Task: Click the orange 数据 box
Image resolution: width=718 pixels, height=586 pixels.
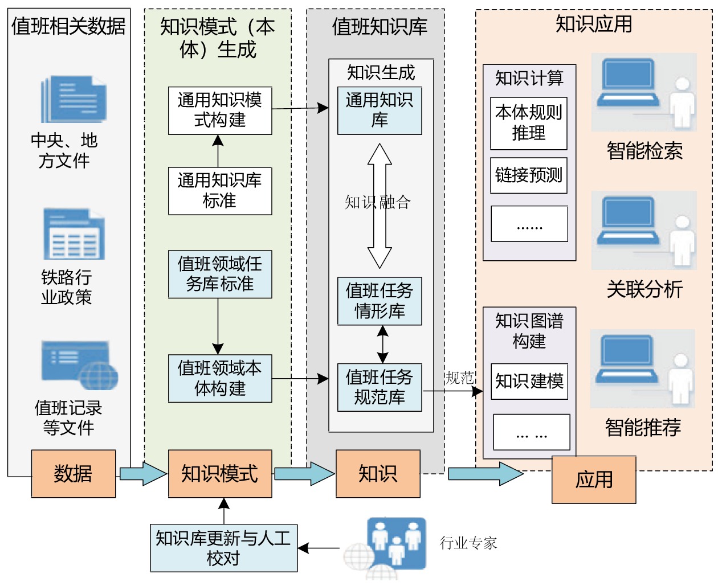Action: [74, 474]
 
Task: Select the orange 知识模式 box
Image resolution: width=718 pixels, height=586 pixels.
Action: [220, 474]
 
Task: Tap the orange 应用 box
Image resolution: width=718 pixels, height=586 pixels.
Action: [594, 480]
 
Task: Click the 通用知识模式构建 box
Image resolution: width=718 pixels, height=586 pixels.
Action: [220, 110]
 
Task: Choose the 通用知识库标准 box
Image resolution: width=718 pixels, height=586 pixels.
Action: [220, 191]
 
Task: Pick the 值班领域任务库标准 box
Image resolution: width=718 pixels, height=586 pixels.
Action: [220, 274]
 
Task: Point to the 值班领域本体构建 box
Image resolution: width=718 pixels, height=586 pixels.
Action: [220, 379]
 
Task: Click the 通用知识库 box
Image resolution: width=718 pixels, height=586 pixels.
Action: [380, 110]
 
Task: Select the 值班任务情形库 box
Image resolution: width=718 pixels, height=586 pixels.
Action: [380, 301]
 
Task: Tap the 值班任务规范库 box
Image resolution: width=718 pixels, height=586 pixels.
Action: [380, 387]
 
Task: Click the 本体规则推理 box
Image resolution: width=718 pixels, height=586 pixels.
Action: [529, 123]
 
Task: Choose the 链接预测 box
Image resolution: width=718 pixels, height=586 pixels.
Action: [529, 175]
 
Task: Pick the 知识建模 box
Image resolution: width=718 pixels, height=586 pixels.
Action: [529, 381]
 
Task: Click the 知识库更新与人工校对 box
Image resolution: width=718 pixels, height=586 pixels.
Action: [224, 548]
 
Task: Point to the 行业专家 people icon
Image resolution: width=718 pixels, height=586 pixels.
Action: [396, 544]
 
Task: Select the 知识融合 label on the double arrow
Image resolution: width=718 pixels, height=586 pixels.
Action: [378, 202]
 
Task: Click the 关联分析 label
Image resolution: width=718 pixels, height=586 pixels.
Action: [644, 289]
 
